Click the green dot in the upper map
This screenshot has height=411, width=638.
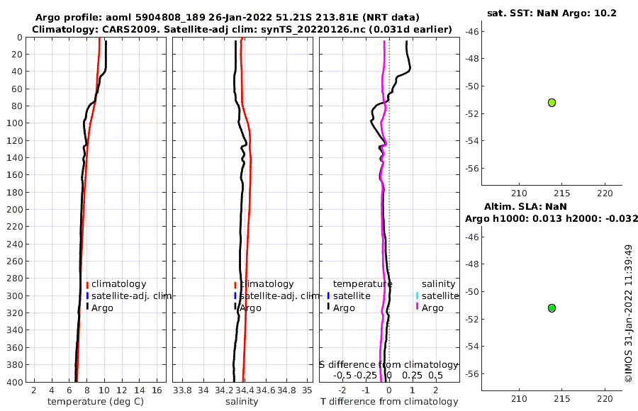click(x=552, y=102)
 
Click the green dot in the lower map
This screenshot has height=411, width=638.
click(x=552, y=308)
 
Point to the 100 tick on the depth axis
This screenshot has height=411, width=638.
click(x=15, y=123)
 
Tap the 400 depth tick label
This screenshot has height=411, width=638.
click(x=15, y=383)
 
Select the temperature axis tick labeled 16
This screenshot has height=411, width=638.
click(x=157, y=390)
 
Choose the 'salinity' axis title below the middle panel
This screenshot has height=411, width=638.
click(x=241, y=402)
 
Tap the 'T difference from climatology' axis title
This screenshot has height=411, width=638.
click(x=389, y=402)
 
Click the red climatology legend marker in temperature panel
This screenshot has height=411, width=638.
click(x=87, y=284)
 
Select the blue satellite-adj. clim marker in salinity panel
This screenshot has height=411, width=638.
click(x=235, y=295)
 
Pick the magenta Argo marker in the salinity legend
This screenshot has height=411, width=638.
click(x=418, y=308)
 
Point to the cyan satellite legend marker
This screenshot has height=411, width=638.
click(x=418, y=295)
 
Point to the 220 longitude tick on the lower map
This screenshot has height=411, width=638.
click(x=605, y=398)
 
